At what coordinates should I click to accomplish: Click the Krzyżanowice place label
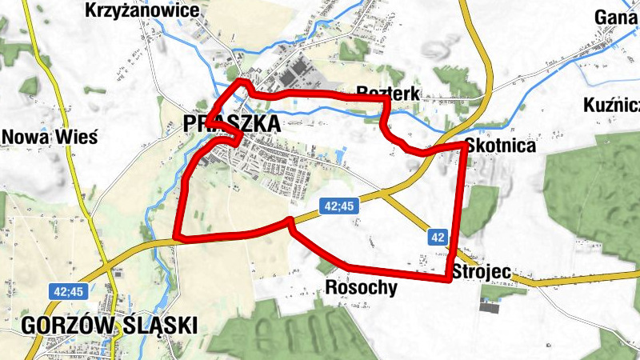pyautogui.click(x=141, y=10)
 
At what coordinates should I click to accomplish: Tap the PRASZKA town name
pyautogui.click(x=232, y=124)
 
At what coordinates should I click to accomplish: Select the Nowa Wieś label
pyautogui.click(x=50, y=136)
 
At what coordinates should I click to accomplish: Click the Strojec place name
pyautogui.click(x=481, y=272)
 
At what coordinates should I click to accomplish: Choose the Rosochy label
pyautogui.click(x=362, y=287)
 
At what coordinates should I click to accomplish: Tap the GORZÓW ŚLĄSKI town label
pyautogui.click(x=110, y=326)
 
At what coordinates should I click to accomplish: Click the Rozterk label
pyautogui.click(x=389, y=93)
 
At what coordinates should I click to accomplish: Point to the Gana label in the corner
pyautogui.click(x=616, y=18)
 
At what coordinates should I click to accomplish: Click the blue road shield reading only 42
pyautogui.click(x=437, y=237)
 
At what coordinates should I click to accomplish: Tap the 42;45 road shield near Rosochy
pyautogui.click(x=339, y=206)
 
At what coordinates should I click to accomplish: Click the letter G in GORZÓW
pyautogui.click(x=30, y=326)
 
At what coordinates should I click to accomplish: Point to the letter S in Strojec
pyautogui.click(x=457, y=272)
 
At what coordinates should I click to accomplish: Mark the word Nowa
pyautogui.click(x=26, y=136)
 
